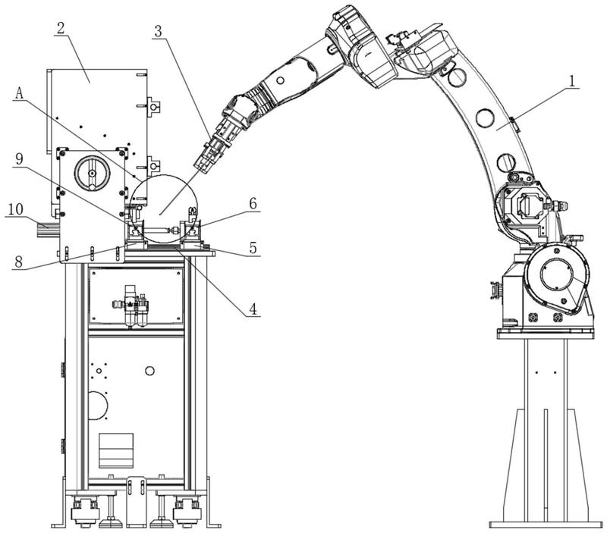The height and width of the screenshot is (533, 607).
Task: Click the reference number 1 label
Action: tap(571, 80)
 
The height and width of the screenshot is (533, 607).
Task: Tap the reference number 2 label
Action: tap(61, 28)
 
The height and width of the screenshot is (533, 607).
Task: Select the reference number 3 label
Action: tap(159, 31)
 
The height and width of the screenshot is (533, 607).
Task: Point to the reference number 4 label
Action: tap(253, 309)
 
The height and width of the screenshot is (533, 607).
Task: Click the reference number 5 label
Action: tap(253, 248)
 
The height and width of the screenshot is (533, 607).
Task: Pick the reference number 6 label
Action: tap(253, 203)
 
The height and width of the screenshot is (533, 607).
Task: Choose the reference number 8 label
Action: tap(19, 262)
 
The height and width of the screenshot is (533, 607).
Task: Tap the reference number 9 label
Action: tap(19, 158)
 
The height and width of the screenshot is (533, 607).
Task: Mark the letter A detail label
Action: tap(20, 92)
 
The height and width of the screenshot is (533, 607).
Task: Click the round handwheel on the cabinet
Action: tap(91, 174)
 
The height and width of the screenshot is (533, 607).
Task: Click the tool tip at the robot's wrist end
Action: tap(203, 166)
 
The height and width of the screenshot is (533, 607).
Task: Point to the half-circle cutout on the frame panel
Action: tap(98, 405)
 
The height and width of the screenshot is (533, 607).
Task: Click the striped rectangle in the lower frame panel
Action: tap(116, 450)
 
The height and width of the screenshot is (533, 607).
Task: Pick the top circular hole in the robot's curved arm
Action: tap(457, 77)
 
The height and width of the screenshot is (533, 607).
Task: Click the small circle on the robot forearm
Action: tap(280, 80)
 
